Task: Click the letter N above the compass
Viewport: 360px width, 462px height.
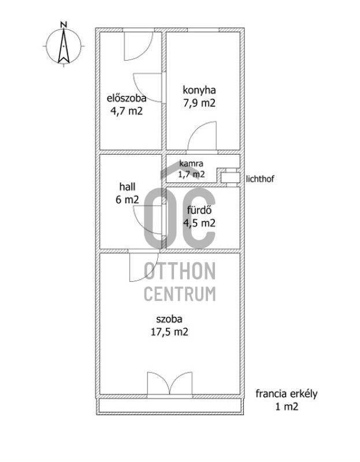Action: [x=64, y=24]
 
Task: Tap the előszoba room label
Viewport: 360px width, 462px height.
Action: [x=127, y=98]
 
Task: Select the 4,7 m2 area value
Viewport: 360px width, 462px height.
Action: [x=127, y=111]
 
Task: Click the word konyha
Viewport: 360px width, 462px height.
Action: [x=199, y=90]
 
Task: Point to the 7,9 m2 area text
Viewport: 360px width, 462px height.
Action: [x=199, y=103]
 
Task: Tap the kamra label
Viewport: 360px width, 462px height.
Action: [x=191, y=163]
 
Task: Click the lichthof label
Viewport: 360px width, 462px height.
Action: [x=260, y=179]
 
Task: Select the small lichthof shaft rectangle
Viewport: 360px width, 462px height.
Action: [x=230, y=178]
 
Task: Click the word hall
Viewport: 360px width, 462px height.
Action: [x=127, y=187]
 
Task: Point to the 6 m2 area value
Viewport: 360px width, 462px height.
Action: [x=127, y=200]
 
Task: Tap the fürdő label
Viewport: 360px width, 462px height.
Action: [x=199, y=210]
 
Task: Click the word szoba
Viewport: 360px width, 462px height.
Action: [x=169, y=319]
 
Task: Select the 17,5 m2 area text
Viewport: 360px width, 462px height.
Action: [x=169, y=332]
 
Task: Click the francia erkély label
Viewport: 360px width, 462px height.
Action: [x=286, y=394]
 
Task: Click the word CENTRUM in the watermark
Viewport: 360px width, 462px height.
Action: [x=180, y=294]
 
